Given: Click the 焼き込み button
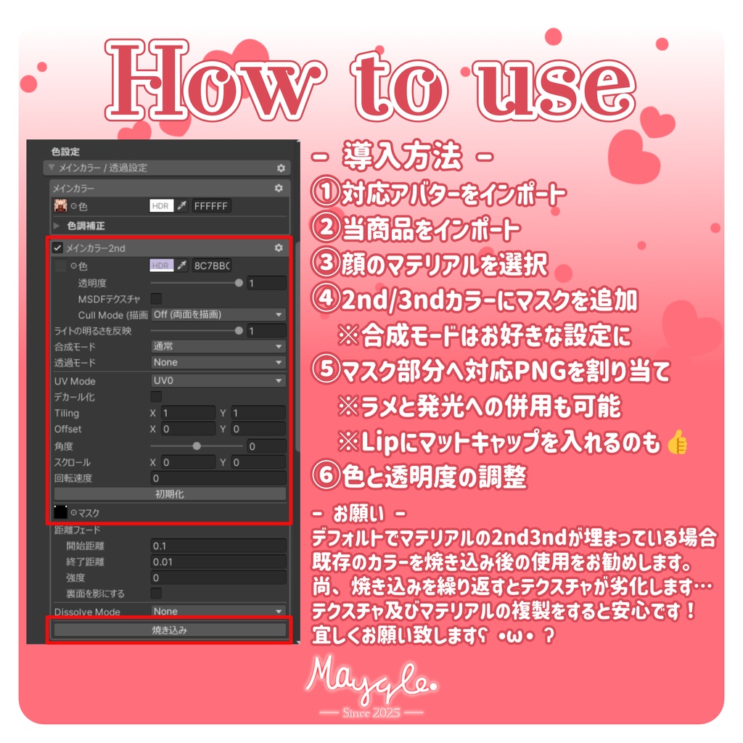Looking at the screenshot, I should pyautogui.click(x=169, y=630).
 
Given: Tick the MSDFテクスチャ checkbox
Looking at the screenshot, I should pyautogui.click(x=156, y=298).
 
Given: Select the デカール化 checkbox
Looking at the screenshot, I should pyautogui.click(x=156, y=397).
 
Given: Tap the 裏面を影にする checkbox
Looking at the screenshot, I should pyautogui.click(x=156, y=594).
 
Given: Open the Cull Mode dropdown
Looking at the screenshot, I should pyautogui.click(x=218, y=315).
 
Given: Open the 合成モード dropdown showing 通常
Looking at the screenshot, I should pyautogui.click(x=218, y=347).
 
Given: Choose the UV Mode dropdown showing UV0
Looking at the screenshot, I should pyautogui.click(x=218, y=381).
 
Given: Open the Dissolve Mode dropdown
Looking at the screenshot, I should pyautogui.click(x=218, y=612).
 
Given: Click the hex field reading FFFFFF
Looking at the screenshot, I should pyautogui.click(x=211, y=206).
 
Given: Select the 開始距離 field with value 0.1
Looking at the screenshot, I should pyautogui.click(x=218, y=546).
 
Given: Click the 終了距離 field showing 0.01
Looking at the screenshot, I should pyautogui.click(x=218, y=562).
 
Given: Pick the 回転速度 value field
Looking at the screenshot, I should pyautogui.click(x=218, y=478).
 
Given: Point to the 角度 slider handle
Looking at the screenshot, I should pyautogui.click(x=197, y=446).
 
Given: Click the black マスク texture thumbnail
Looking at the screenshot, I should pyautogui.click(x=61, y=512).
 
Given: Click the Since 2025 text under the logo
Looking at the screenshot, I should pyautogui.click(x=371, y=711).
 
